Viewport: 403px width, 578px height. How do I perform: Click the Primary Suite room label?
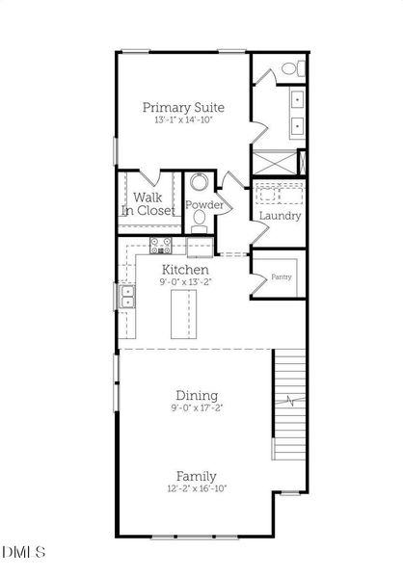point(184,107)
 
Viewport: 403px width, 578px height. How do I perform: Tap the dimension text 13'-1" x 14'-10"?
point(184,121)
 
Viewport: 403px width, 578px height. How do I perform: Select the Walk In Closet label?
point(148,203)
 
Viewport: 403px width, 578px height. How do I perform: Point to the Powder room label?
point(203,206)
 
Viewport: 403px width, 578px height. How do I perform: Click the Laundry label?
point(280,216)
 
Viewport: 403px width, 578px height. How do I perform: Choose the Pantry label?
point(282,276)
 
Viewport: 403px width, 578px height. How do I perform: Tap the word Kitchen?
point(184,270)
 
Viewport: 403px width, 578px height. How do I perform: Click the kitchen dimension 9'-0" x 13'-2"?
point(184,283)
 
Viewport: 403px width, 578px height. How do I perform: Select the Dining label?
point(196,395)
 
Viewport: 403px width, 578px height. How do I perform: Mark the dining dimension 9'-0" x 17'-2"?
point(196,408)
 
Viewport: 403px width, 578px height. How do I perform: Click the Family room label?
point(196,476)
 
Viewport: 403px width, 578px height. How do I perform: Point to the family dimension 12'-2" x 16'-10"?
point(196,489)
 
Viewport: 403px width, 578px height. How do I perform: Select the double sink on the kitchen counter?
point(127,299)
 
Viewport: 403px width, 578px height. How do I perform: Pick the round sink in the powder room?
point(201,183)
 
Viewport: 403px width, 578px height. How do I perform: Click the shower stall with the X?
point(276,162)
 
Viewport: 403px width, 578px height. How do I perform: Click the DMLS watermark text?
point(23,552)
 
